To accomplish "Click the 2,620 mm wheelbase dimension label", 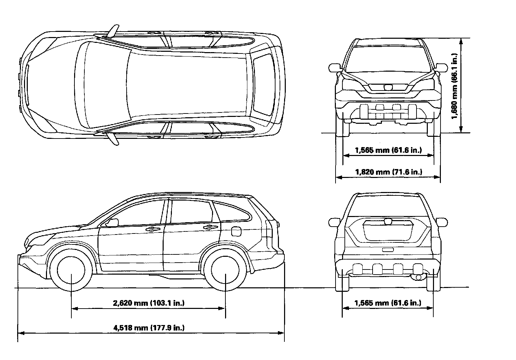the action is click(x=149, y=303).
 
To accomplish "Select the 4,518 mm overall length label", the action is click(x=149, y=328).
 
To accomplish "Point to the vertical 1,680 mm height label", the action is click(x=454, y=86).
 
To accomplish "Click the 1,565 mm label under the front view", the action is click(x=388, y=150).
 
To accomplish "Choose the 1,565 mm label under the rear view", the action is click(x=388, y=303).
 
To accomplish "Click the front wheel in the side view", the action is click(x=71, y=269).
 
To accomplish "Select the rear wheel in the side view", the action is click(x=225, y=269).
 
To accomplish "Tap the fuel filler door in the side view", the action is click(x=236, y=231).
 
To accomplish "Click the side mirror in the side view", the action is click(x=112, y=223).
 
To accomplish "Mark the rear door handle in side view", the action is click(x=208, y=227).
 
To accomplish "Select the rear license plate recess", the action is click(x=388, y=250).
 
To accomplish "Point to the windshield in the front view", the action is click(x=388, y=58).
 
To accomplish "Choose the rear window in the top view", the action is click(x=265, y=84).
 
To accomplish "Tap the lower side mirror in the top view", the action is click(x=113, y=139).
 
